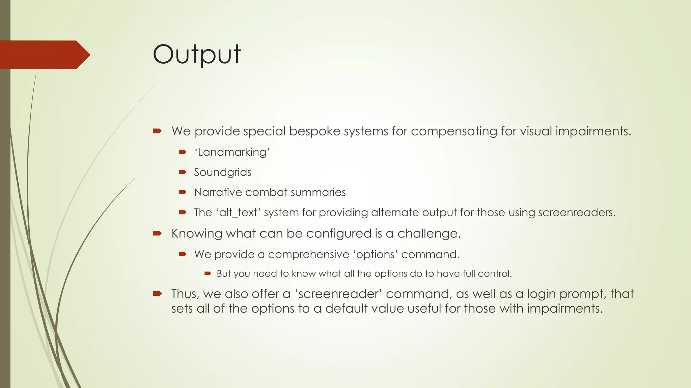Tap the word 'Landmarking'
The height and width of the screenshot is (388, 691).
[x=232, y=152]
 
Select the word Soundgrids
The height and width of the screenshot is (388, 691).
[x=222, y=172]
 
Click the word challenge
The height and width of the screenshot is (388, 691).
[x=429, y=233]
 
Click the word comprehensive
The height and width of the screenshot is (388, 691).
[x=308, y=254]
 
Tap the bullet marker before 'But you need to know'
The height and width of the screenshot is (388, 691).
[x=208, y=273]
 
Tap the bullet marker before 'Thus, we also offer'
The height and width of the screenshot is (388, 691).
[x=157, y=294]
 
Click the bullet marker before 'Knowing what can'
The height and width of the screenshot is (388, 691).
[x=157, y=233]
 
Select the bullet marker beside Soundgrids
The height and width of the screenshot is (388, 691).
[x=183, y=172]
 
